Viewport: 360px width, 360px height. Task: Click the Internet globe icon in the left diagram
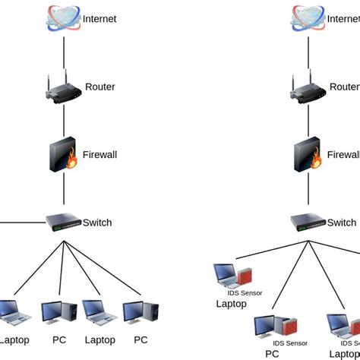click(x=62, y=18)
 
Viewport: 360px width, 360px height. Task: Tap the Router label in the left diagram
click(x=99, y=87)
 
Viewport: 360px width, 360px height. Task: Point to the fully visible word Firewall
click(x=102, y=155)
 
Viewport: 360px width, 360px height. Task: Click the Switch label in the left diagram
click(x=97, y=223)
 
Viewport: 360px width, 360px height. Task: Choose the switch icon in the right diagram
click(x=308, y=222)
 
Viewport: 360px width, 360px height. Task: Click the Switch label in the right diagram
click(x=341, y=223)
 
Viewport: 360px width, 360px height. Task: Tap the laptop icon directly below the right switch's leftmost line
click(x=224, y=275)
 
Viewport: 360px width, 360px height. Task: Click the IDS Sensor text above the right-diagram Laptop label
click(x=245, y=292)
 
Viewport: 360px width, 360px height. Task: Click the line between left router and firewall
click(x=64, y=118)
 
